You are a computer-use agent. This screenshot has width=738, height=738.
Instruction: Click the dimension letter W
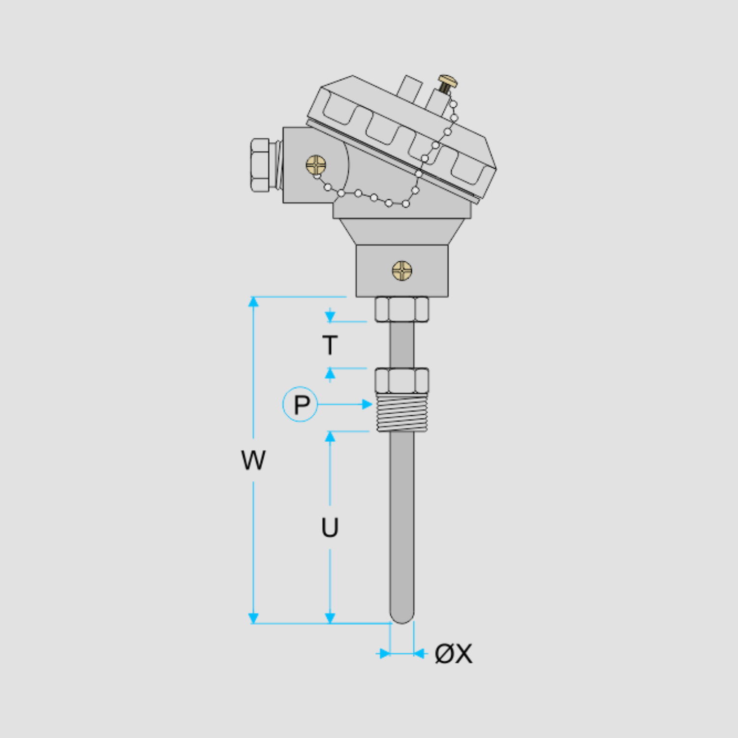[x=253, y=460]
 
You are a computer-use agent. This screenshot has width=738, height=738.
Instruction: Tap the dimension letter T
[x=330, y=345]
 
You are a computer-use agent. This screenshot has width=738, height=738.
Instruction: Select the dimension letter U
[x=330, y=527]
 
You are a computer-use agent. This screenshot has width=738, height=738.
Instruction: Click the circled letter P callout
[x=300, y=404]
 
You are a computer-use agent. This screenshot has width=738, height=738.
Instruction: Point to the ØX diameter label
[x=454, y=654]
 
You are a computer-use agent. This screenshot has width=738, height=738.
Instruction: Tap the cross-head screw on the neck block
[x=402, y=271]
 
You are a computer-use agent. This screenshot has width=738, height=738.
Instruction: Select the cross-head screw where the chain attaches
[x=316, y=165]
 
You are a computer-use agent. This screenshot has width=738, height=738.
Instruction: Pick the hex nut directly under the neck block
[x=401, y=309]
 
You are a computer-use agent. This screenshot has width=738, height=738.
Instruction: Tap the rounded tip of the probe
[x=402, y=616]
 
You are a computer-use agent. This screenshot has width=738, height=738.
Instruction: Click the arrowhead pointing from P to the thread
[x=367, y=404]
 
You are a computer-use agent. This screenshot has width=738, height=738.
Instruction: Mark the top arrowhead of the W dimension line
[x=253, y=302]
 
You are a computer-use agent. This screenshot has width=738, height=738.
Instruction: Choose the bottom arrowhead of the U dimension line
[x=330, y=618]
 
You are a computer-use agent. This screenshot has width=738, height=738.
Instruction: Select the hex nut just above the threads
[x=401, y=380]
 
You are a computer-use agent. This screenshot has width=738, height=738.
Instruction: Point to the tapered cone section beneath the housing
[x=402, y=231]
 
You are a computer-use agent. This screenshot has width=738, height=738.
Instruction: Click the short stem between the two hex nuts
[x=402, y=345]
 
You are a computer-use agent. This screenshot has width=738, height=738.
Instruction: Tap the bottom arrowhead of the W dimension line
[x=253, y=618]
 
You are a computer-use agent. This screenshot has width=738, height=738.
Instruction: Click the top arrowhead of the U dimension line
[x=330, y=436]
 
